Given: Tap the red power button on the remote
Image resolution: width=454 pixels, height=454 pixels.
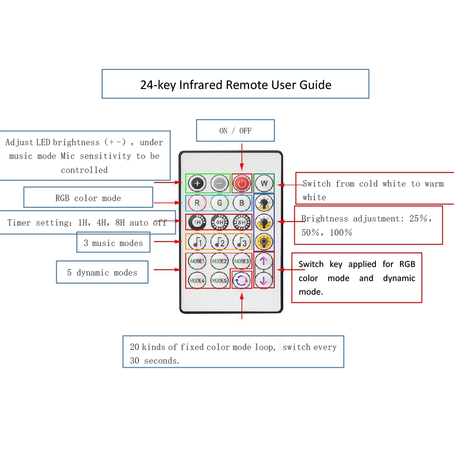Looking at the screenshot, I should [242, 183].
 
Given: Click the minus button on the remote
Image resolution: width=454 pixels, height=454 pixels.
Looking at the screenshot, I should [219, 183].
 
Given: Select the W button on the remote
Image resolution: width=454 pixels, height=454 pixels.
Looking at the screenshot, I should [264, 183].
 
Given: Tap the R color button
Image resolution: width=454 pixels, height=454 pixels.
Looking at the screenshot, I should [197, 203].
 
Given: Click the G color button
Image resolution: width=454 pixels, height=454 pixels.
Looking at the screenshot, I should [219, 203].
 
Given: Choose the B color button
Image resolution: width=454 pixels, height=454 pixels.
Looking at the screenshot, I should [242, 203].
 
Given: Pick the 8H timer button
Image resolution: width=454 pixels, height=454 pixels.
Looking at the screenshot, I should [242, 222].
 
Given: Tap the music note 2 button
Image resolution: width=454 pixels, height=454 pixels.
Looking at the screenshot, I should [219, 242].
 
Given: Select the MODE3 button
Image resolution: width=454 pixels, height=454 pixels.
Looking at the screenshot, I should [242, 261].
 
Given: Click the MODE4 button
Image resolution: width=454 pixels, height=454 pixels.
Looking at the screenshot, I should [197, 281].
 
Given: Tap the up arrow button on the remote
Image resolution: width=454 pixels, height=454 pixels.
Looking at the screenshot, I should [264, 261].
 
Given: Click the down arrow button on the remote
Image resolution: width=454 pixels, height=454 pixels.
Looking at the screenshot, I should [264, 281].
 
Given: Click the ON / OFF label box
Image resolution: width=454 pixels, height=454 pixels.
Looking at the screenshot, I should [235, 131].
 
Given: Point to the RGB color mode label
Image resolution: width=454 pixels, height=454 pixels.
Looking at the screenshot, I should [88, 198].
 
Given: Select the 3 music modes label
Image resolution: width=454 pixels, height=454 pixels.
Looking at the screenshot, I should [113, 243].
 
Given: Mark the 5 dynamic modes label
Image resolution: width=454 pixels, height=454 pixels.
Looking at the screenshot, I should [102, 272].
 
